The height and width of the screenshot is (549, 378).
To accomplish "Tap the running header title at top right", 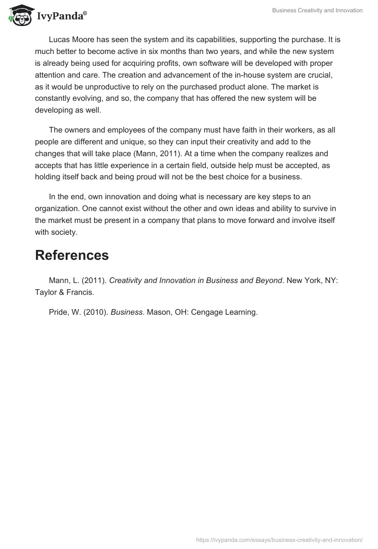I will [318, 10].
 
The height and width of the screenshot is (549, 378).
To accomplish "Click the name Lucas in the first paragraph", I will [59, 40].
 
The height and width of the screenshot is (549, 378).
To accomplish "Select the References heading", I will [72, 256].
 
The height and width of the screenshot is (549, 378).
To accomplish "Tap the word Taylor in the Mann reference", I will [46, 292].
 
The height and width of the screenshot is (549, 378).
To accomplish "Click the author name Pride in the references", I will [59, 312].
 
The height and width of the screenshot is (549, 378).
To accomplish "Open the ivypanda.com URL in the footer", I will [279, 540].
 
